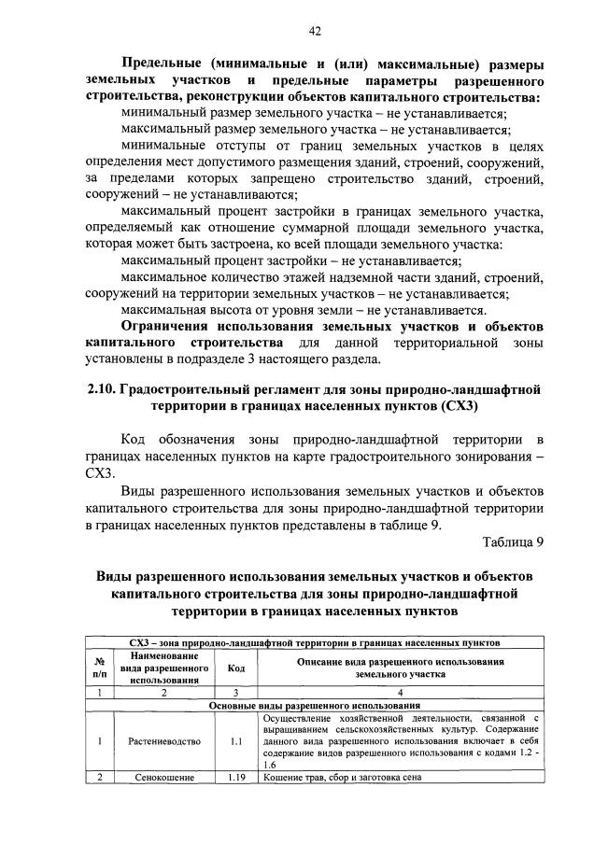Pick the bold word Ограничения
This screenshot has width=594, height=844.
pos(166,327)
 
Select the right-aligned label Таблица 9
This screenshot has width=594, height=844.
pos(513,542)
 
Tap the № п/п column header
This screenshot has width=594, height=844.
pos(100,668)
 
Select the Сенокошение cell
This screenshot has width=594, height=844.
pos(164,777)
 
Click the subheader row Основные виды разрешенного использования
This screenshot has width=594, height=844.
pos(315,705)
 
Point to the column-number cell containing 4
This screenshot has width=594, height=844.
pos(400,693)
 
